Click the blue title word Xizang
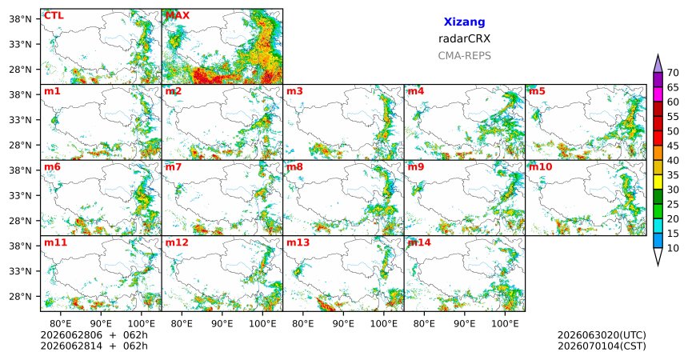(464, 22)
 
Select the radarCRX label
(464, 38)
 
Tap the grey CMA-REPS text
(464, 56)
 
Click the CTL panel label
(54, 16)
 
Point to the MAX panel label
(178, 16)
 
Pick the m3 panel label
(295, 91)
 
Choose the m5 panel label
(537, 91)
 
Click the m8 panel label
(295, 167)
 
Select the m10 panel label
(541, 167)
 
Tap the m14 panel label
(419, 242)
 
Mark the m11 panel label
(55, 242)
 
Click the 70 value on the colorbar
(673, 73)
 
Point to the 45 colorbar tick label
(673, 146)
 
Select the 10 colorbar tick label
(673, 248)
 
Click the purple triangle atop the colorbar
(658, 64)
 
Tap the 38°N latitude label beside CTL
(20, 19)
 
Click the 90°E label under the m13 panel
(343, 324)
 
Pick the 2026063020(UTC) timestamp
(602, 335)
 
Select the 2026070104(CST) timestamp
(602, 346)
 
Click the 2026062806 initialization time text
(71, 335)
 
